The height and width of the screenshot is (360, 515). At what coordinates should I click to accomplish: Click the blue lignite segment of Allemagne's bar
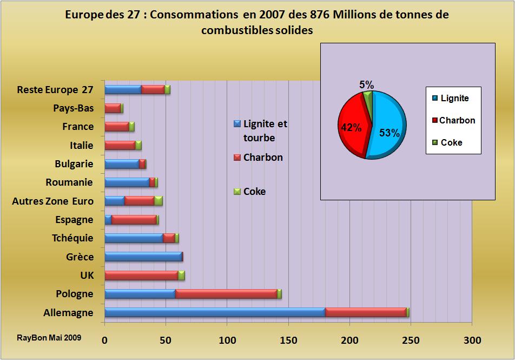214,312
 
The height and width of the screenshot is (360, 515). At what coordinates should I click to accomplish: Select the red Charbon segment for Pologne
226,294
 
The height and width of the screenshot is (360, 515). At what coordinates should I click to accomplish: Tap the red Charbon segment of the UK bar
141,276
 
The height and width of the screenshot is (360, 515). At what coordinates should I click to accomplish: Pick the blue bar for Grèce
143,257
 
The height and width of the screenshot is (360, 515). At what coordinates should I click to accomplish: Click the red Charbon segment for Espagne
134,220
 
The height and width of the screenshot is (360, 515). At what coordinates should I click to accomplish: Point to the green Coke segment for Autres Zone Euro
159,201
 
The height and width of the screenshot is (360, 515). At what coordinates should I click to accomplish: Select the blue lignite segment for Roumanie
127,182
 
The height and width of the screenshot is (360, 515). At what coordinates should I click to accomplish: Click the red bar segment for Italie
120,145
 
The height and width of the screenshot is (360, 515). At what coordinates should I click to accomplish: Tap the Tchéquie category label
72,238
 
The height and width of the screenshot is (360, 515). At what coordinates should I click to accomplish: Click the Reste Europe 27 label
55,89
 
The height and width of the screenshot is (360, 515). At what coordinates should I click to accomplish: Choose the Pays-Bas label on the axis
73,108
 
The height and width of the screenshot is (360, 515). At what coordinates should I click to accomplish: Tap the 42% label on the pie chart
350,128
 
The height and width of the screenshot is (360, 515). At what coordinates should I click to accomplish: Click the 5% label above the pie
366,84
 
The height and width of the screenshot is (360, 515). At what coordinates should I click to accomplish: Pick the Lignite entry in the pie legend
454,98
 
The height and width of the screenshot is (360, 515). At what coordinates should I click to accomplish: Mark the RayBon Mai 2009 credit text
49,337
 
